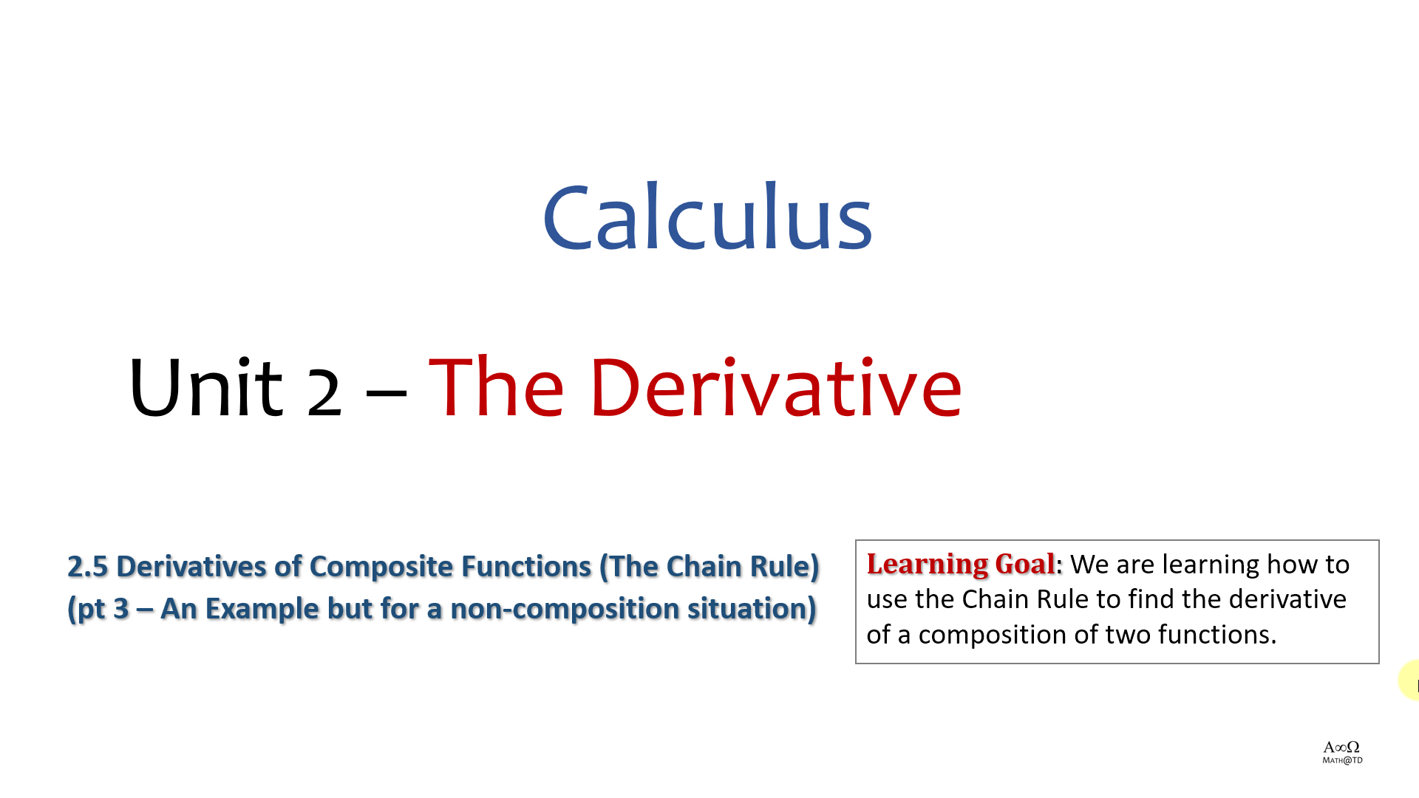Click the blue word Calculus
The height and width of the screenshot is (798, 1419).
point(708,216)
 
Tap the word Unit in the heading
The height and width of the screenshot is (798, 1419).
point(206,386)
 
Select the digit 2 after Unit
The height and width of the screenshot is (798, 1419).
point(324,392)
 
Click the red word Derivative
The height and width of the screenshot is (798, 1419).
point(776,386)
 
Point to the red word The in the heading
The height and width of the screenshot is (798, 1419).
point(496,386)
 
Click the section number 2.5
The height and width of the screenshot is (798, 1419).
point(87,567)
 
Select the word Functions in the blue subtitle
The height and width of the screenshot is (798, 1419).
point(526,567)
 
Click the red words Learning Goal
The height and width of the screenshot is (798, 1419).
point(961,565)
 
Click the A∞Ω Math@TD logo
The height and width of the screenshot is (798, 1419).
point(1342,752)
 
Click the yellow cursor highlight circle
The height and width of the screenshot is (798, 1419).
point(1409,680)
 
